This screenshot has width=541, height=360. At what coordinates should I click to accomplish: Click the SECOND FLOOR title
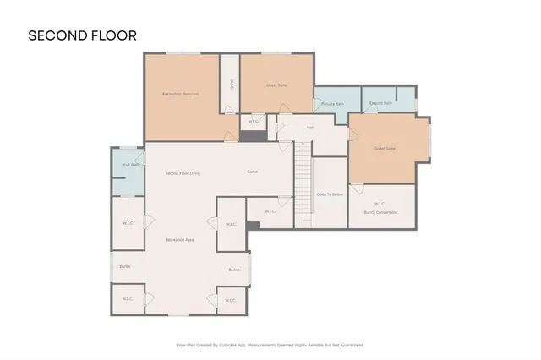point(82,35)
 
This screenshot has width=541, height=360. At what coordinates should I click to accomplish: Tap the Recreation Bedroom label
point(180,94)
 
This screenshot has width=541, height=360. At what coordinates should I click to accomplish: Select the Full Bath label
point(130,165)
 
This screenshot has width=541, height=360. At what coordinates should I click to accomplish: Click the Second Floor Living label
point(183,173)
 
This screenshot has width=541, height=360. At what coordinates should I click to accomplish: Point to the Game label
point(252,172)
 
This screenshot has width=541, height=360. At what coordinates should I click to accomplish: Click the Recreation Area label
point(180,240)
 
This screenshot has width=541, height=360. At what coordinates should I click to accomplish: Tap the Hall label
point(310,127)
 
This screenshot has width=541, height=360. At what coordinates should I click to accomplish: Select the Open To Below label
point(330,194)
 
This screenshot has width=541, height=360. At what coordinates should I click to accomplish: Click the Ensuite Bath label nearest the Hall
point(332,104)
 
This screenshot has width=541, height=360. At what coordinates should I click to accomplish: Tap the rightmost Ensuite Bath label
point(380,103)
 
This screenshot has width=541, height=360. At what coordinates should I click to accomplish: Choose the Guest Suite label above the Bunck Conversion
point(385,149)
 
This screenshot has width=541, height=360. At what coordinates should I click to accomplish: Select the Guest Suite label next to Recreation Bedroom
point(277,85)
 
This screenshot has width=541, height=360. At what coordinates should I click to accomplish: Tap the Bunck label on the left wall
point(124,266)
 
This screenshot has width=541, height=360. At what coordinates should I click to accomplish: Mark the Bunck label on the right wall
point(234,270)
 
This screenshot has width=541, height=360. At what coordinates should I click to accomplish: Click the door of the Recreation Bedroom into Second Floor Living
point(229,137)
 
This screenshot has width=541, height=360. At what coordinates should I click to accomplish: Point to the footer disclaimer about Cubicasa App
point(270,345)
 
